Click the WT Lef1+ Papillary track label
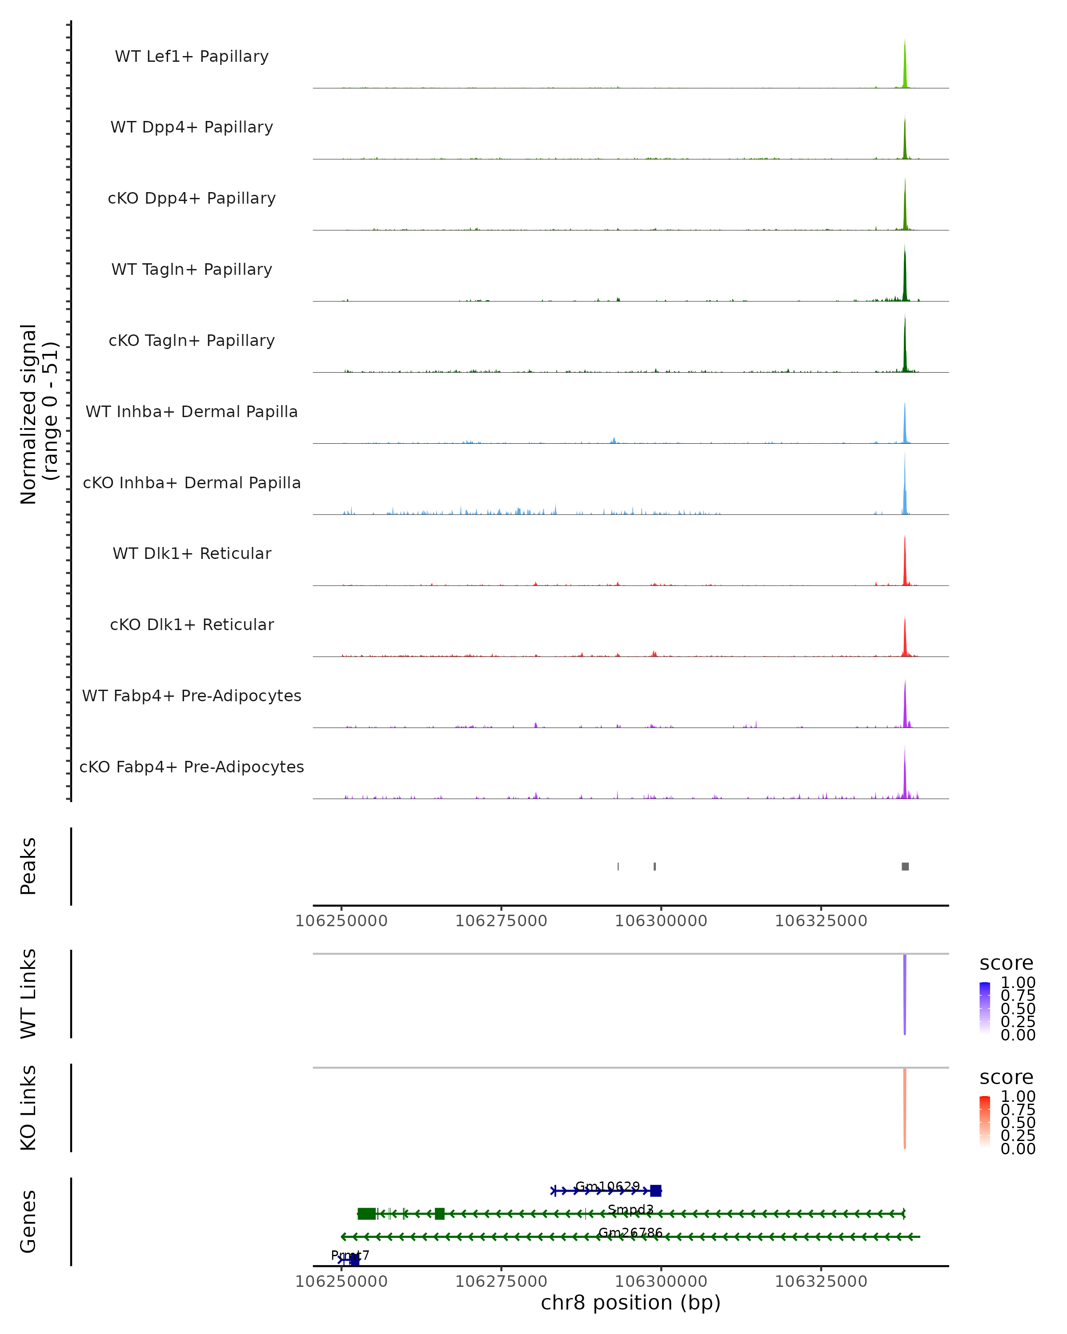(x=192, y=56)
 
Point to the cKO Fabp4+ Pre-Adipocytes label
(x=192, y=767)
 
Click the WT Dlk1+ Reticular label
(x=192, y=553)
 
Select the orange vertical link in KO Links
(x=904, y=1108)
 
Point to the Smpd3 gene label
(x=630, y=1209)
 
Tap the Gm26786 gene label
(x=630, y=1233)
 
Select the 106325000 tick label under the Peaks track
(x=821, y=921)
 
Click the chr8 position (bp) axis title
(x=630, y=1303)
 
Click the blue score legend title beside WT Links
(x=1006, y=964)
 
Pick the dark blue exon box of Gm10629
(x=656, y=1190)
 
